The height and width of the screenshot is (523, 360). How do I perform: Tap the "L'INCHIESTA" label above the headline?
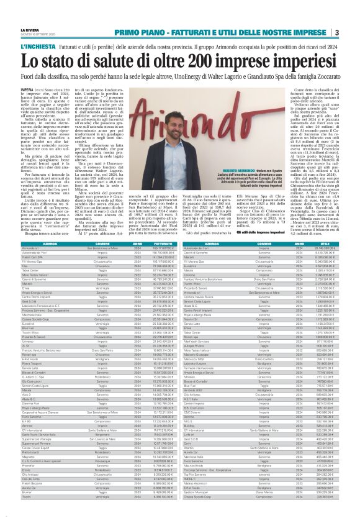click(34, 47)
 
